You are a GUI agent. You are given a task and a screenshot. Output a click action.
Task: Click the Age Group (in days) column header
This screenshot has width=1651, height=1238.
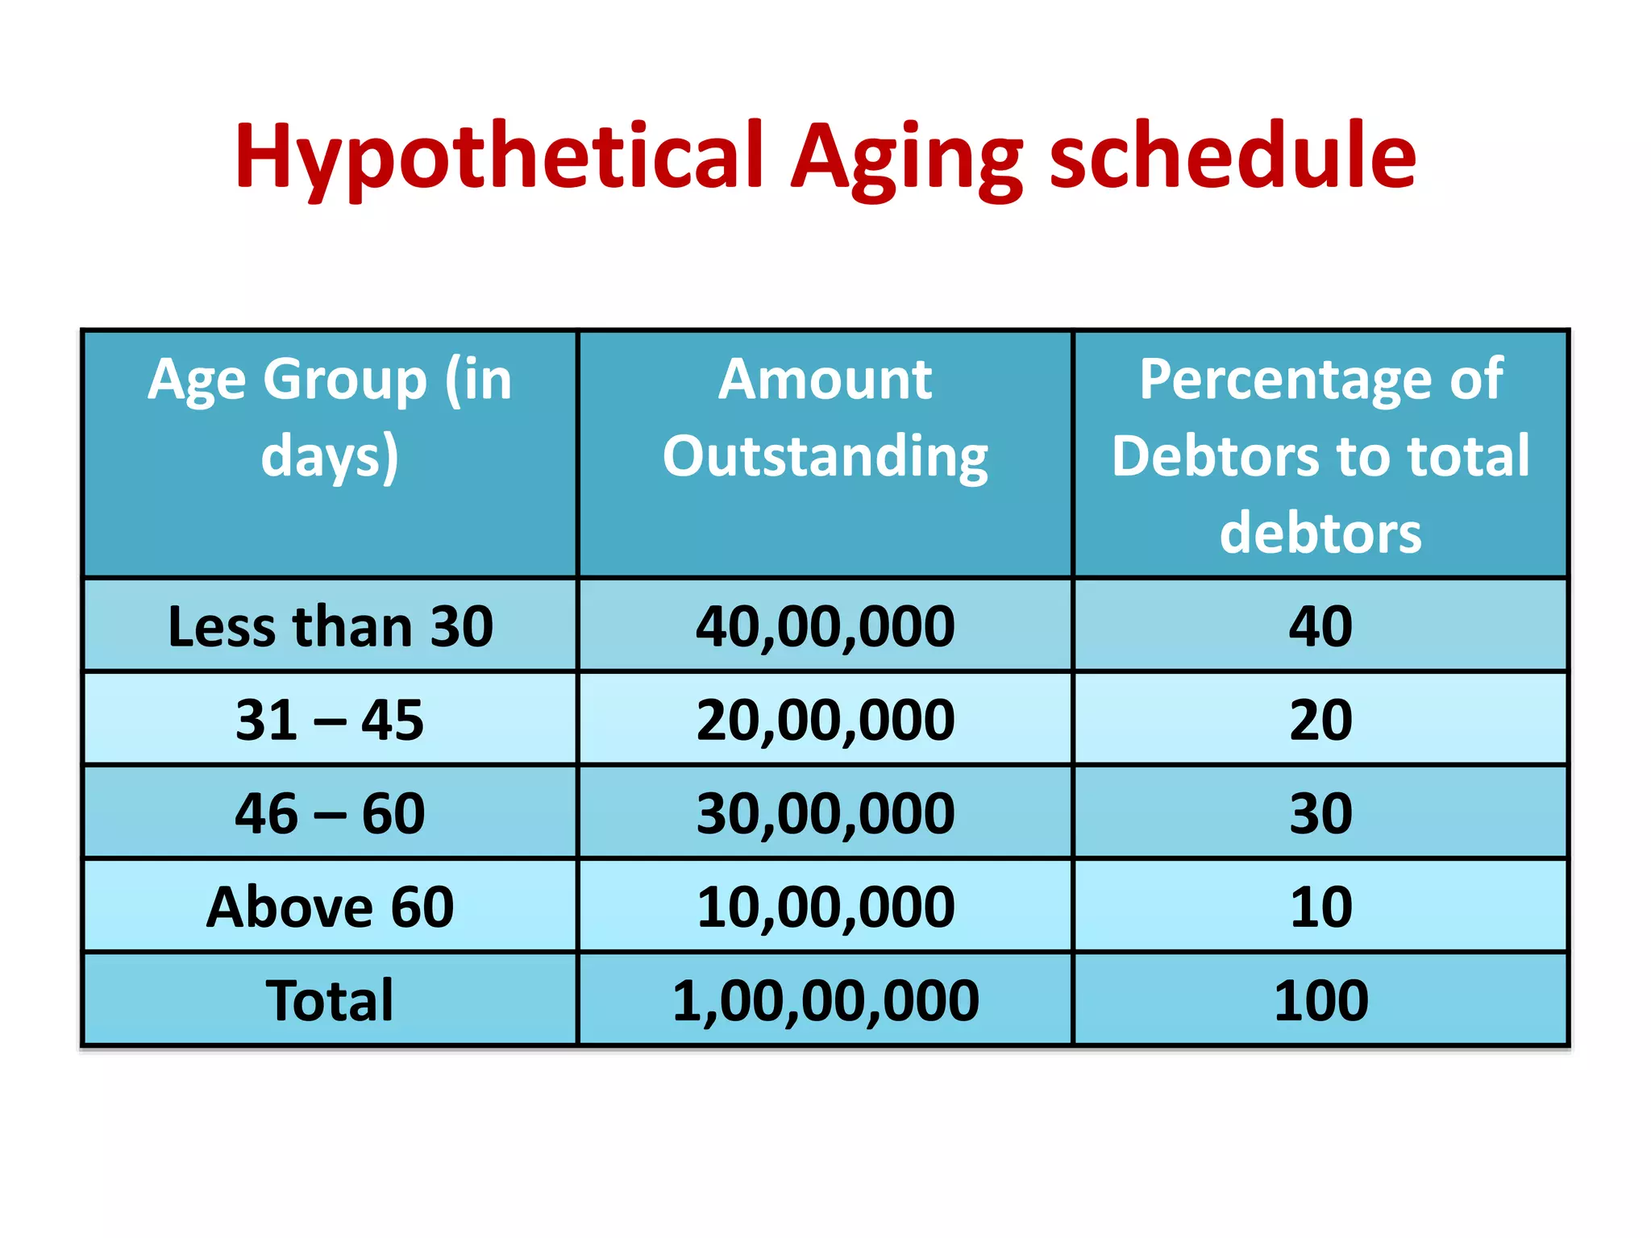(x=330, y=418)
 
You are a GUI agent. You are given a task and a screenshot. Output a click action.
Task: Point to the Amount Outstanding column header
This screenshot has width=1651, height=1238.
(x=825, y=418)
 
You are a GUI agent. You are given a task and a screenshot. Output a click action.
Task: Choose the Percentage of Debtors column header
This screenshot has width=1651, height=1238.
(x=1320, y=455)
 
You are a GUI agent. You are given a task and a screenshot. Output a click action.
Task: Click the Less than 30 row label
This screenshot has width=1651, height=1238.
(x=330, y=626)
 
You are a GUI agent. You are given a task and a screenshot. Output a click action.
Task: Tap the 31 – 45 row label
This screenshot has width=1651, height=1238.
(x=330, y=720)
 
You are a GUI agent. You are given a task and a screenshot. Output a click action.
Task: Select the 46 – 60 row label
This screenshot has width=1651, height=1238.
(x=330, y=813)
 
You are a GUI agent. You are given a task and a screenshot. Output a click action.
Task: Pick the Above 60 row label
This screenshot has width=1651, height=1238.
(x=330, y=907)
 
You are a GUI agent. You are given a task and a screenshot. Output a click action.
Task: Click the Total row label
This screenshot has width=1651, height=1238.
(x=330, y=1000)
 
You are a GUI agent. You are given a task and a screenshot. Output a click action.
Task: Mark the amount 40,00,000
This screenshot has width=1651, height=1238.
(x=825, y=626)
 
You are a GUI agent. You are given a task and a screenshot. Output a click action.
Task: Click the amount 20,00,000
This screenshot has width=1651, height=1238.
(x=825, y=720)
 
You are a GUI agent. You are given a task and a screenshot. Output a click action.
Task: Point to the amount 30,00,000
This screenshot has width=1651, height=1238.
(x=825, y=813)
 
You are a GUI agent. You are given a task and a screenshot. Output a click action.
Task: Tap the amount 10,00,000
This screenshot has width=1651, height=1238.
(x=825, y=907)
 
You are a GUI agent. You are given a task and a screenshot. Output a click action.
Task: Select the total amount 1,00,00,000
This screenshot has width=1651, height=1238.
(x=825, y=1000)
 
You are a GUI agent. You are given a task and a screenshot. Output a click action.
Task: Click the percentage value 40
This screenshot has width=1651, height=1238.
(x=1320, y=626)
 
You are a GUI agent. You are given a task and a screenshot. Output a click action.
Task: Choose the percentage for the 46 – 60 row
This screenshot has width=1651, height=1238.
(x=1320, y=813)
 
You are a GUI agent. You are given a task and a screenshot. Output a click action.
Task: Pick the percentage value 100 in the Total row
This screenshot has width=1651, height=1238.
(x=1320, y=1000)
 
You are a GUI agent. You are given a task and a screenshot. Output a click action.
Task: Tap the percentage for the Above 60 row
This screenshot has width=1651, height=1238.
(x=1320, y=907)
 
